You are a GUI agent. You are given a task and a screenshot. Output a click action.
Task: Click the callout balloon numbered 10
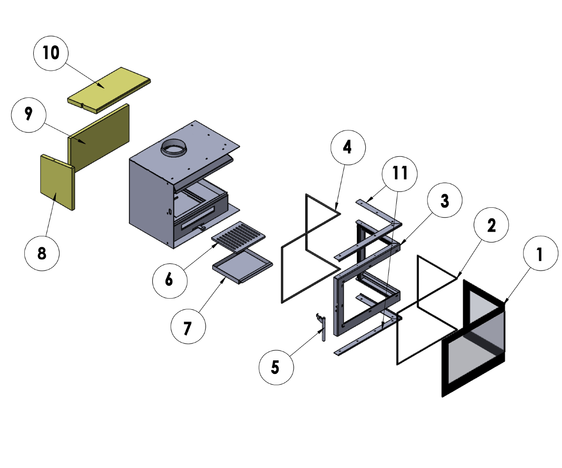[x=51, y=53]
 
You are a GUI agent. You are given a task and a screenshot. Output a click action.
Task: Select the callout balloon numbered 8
[x=42, y=253]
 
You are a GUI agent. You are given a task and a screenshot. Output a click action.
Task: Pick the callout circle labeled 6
[x=170, y=280]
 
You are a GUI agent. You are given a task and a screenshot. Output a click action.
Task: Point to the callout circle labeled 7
[x=188, y=328]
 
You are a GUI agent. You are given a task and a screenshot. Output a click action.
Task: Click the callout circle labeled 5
[x=276, y=367]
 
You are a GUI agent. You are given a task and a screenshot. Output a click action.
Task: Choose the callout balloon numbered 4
[x=348, y=147]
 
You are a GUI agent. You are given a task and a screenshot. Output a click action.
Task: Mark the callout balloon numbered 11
[x=399, y=173]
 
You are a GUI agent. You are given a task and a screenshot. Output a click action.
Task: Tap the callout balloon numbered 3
[x=444, y=201]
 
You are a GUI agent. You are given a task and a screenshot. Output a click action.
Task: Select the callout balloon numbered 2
[x=491, y=226]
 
